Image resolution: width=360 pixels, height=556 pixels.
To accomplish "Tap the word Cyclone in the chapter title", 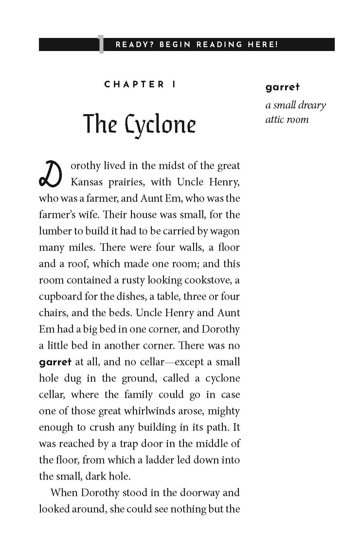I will pos(160,125).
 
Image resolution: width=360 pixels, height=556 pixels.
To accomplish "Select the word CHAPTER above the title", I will pos(134,84).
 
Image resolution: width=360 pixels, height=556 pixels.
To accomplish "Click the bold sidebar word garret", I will pos(282,87).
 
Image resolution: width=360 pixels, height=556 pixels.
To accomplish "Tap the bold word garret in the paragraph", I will pos(55,362).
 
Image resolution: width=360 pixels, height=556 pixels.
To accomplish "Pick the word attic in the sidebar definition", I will pos(275,119).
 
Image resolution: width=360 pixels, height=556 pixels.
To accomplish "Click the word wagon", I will pos(225,231).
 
